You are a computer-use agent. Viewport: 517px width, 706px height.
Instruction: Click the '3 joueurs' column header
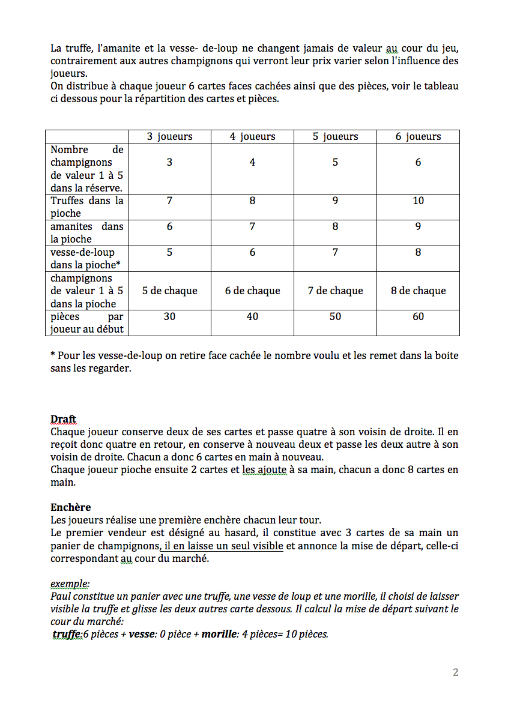(169, 136)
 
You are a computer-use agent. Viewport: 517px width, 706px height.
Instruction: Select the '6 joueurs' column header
(418, 136)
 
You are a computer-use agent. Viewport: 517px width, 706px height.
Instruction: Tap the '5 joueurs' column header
(335, 136)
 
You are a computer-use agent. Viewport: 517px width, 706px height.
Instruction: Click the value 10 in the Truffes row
(418, 201)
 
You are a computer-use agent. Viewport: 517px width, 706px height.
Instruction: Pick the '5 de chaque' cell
(169, 291)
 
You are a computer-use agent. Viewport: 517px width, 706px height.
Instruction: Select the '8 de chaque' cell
(418, 291)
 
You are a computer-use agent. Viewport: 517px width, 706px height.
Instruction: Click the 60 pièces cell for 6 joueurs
(418, 316)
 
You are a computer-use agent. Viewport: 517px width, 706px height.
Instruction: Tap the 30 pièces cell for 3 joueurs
(169, 316)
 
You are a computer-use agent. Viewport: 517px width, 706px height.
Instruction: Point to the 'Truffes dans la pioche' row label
(86, 207)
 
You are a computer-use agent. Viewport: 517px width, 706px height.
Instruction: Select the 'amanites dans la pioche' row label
(86, 232)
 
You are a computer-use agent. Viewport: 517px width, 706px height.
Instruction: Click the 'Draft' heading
(63, 419)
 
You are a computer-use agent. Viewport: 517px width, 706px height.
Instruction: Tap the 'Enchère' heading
(70, 507)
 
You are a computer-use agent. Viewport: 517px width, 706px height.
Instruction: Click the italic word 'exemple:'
(70, 584)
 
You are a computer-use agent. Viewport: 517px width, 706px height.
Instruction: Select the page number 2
(455, 672)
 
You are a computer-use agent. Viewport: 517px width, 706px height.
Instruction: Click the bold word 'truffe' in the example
(66, 634)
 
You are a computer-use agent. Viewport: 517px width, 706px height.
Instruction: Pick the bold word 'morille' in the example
(219, 634)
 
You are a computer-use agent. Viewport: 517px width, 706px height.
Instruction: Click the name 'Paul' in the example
(61, 596)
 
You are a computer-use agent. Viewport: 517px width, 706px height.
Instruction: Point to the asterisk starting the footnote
(53, 355)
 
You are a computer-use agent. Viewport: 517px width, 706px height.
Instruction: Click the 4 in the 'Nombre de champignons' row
(252, 163)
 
